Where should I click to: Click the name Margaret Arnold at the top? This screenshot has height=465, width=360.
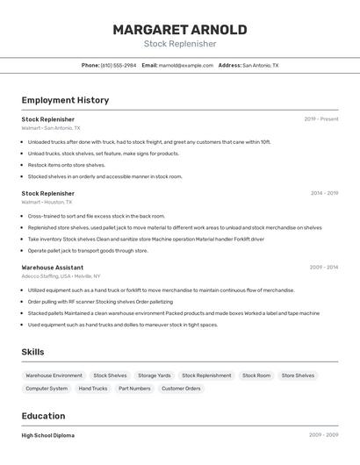click(x=179, y=29)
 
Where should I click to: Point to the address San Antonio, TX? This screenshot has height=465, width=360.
click(x=260, y=65)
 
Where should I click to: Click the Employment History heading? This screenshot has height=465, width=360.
click(x=65, y=100)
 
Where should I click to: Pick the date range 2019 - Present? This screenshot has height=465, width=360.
click(x=320, y=119)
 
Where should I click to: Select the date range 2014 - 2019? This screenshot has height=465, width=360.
click(x=324, y=193)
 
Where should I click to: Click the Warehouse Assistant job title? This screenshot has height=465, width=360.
click(x=53, y=268)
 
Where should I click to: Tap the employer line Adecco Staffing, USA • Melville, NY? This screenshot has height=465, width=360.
click(x=61, y=276)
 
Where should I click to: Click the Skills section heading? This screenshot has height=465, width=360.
click(x=32, y=352)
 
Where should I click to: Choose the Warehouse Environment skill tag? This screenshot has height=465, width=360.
click(x=54, y=376)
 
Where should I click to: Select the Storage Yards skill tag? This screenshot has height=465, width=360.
click(x=154, y=376)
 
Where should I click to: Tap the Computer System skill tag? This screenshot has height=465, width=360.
click(x=47, y=388)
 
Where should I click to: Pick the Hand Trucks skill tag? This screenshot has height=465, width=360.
click(x=93, y=388)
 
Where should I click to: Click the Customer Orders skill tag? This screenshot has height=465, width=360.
click(x=181, y=388)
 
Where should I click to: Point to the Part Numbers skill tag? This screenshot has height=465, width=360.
click(x=134, y=388)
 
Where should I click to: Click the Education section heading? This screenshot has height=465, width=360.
click(x=43, y=416)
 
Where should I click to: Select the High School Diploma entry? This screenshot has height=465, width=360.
click(x=48, y=435)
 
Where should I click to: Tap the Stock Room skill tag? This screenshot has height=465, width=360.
click(x=256, y=376)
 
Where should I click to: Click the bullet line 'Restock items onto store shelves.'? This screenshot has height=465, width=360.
click(x=66, y=165)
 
